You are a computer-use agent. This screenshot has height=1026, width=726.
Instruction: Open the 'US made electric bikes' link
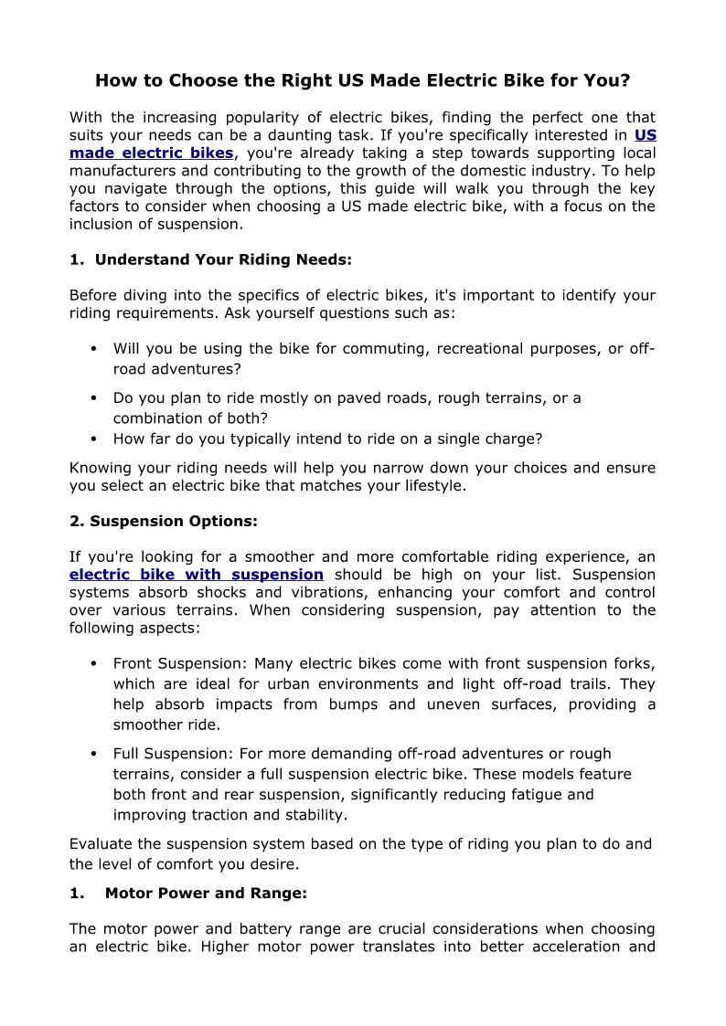[151, 153]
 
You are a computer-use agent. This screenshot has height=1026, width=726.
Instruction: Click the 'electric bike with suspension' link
[197, 575]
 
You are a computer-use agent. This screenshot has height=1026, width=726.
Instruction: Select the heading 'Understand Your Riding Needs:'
[223, 259]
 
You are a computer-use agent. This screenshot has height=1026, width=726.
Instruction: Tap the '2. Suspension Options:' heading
[164, 522]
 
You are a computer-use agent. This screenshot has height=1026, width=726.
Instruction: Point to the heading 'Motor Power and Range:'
[206, 893]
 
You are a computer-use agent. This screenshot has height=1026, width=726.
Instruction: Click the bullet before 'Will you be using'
[95, 349]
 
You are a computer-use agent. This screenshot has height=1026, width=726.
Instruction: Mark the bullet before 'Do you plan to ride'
[95, 398]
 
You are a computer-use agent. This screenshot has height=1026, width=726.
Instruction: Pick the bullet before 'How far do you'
[95, 439]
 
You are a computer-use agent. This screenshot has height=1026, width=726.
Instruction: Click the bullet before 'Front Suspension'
[95, 664]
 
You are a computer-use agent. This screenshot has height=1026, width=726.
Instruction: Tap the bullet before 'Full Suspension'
[95, 754]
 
